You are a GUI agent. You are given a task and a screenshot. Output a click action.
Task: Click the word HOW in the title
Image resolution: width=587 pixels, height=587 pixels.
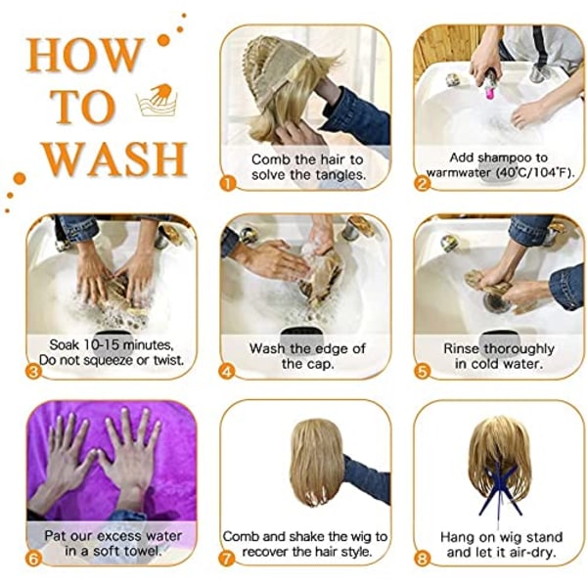click(x=84, y=55)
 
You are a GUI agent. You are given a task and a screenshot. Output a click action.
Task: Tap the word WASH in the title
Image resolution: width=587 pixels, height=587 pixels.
click(x=114, y=158)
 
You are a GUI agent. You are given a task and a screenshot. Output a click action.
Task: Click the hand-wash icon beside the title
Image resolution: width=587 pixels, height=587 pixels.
click(x=158, y=100)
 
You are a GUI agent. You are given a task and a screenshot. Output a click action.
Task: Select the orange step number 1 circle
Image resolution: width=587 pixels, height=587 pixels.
click(x=228, y=184)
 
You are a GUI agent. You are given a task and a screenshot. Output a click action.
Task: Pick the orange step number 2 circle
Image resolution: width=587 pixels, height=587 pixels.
click(x=422, y=184)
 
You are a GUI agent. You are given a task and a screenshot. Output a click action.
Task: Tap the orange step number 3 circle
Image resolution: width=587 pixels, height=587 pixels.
click(x=33, y=372)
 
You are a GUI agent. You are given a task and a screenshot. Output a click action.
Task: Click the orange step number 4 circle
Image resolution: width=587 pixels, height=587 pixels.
click(x=228, y=372)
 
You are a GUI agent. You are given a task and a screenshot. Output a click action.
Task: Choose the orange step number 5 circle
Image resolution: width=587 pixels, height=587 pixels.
click(x=422, y=372)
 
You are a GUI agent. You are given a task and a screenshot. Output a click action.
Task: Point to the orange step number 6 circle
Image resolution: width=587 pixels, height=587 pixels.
click(x=33, y=559)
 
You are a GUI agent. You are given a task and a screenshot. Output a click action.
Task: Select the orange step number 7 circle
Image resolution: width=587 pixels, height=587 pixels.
click(x=228, y=559)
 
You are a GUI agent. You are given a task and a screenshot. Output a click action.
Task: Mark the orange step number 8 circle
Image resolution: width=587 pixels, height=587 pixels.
click(x=422, y=559)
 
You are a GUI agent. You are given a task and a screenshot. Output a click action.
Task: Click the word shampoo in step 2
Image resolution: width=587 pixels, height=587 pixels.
click(x=502, y=158)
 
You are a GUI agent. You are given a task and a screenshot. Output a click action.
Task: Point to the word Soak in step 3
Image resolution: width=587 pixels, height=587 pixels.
click(x=65, y=344)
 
